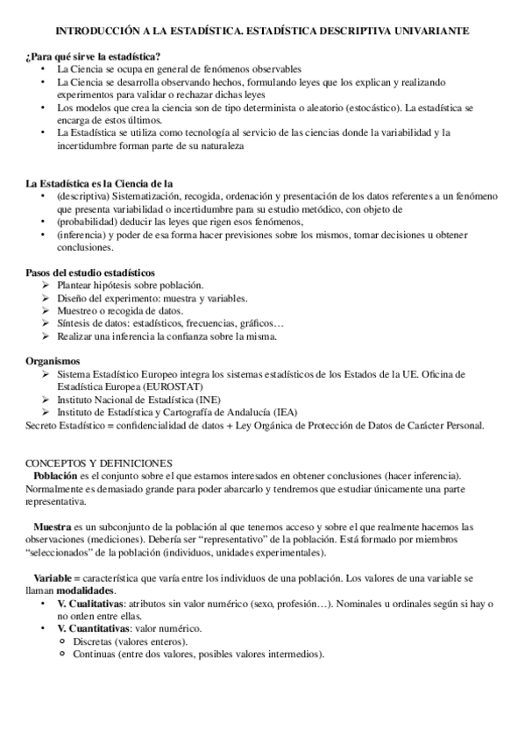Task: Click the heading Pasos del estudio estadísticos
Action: pyautogui.click(x=90, y=272)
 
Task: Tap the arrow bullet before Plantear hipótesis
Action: pyautogui.click(x=46, y=286)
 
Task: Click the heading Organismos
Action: pyautogui.click(x=53, y=361)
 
